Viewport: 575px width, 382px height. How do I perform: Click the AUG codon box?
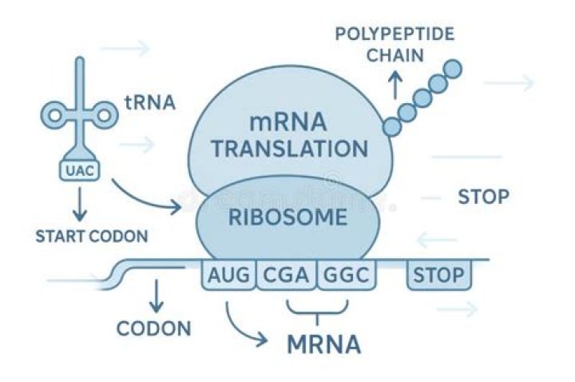coord(228,277)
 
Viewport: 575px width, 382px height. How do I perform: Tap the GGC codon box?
coord(346,277)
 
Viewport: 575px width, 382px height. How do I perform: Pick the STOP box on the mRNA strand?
coord(438,277)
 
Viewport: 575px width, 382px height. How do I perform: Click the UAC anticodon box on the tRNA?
coord(78,170)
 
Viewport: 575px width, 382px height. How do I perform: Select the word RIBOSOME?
coord(289,217)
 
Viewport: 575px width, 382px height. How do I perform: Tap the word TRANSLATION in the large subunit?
coord(290,149)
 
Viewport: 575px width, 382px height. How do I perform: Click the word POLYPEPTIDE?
coord(395,34)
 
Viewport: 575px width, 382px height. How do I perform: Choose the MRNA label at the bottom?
coord(323,345)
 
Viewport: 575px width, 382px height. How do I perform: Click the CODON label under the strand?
coord(154,328)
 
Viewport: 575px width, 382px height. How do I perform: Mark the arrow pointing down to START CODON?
coord(78,206)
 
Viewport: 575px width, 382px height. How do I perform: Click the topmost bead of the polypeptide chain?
coord(454,68)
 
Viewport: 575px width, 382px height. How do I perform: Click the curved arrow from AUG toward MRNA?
coord(244,328)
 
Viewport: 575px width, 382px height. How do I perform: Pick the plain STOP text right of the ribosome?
coord(483,197)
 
